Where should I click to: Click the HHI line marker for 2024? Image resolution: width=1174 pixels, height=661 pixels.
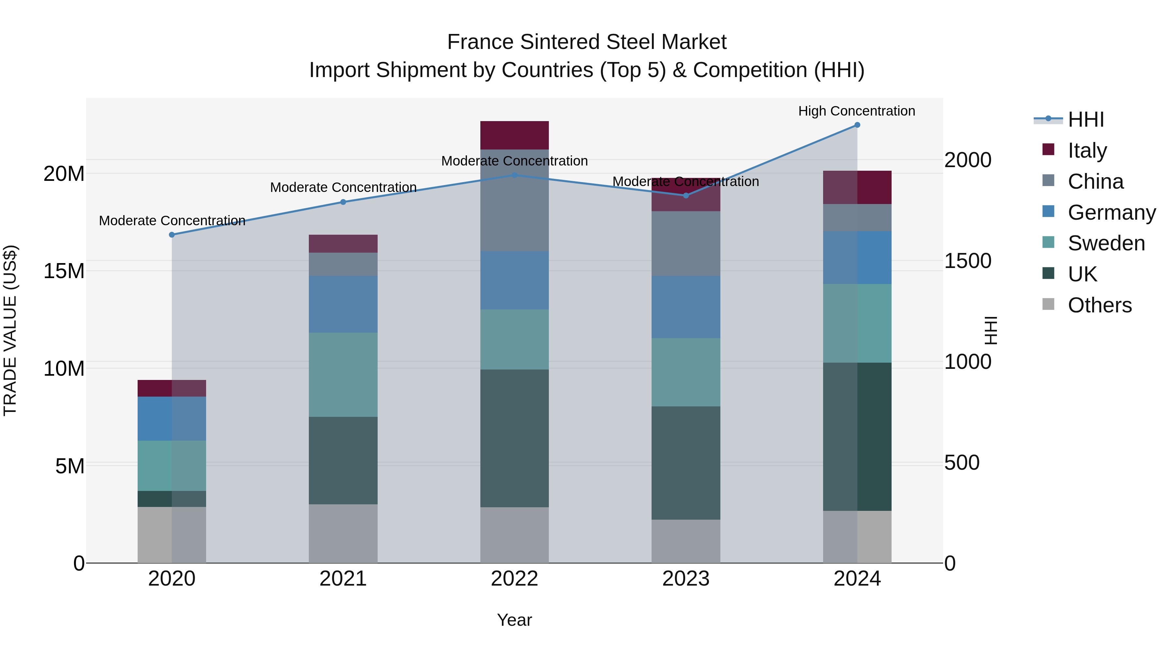[x=857, y=125]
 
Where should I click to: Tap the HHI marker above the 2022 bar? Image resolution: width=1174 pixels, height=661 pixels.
[x=514, y=175]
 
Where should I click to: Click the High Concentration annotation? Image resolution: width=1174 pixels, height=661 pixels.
[x=856, y=111]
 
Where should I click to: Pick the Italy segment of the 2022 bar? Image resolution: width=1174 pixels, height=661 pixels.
[x=514, y=135]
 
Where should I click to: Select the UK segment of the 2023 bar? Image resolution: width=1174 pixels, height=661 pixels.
[x=685, y=463]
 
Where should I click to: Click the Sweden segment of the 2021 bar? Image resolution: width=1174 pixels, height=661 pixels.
[x=343, y=374]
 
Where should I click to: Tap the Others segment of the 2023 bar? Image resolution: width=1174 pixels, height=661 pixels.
[x=685, y=542]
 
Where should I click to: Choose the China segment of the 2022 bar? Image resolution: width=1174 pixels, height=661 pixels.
[x=514, y=201]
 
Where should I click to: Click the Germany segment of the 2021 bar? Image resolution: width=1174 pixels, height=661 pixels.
[x=343, y=304]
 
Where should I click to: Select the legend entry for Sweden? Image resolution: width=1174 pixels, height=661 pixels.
[x=1106, y=243]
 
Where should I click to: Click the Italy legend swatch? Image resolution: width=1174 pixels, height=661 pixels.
[x=1048, y=150]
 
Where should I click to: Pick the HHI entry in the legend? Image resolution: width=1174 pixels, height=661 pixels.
[x=1086, y=119]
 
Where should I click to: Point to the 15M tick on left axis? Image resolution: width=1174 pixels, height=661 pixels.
[x=64, y=271]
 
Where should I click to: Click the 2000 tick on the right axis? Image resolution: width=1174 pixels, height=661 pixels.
[x=967, y=160]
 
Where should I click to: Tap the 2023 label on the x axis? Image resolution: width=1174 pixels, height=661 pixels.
[x=685, y=579]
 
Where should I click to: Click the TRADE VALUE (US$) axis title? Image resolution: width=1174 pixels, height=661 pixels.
[x=10, y=330]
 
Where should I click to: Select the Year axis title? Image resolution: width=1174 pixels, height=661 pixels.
[x=514, y=620]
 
